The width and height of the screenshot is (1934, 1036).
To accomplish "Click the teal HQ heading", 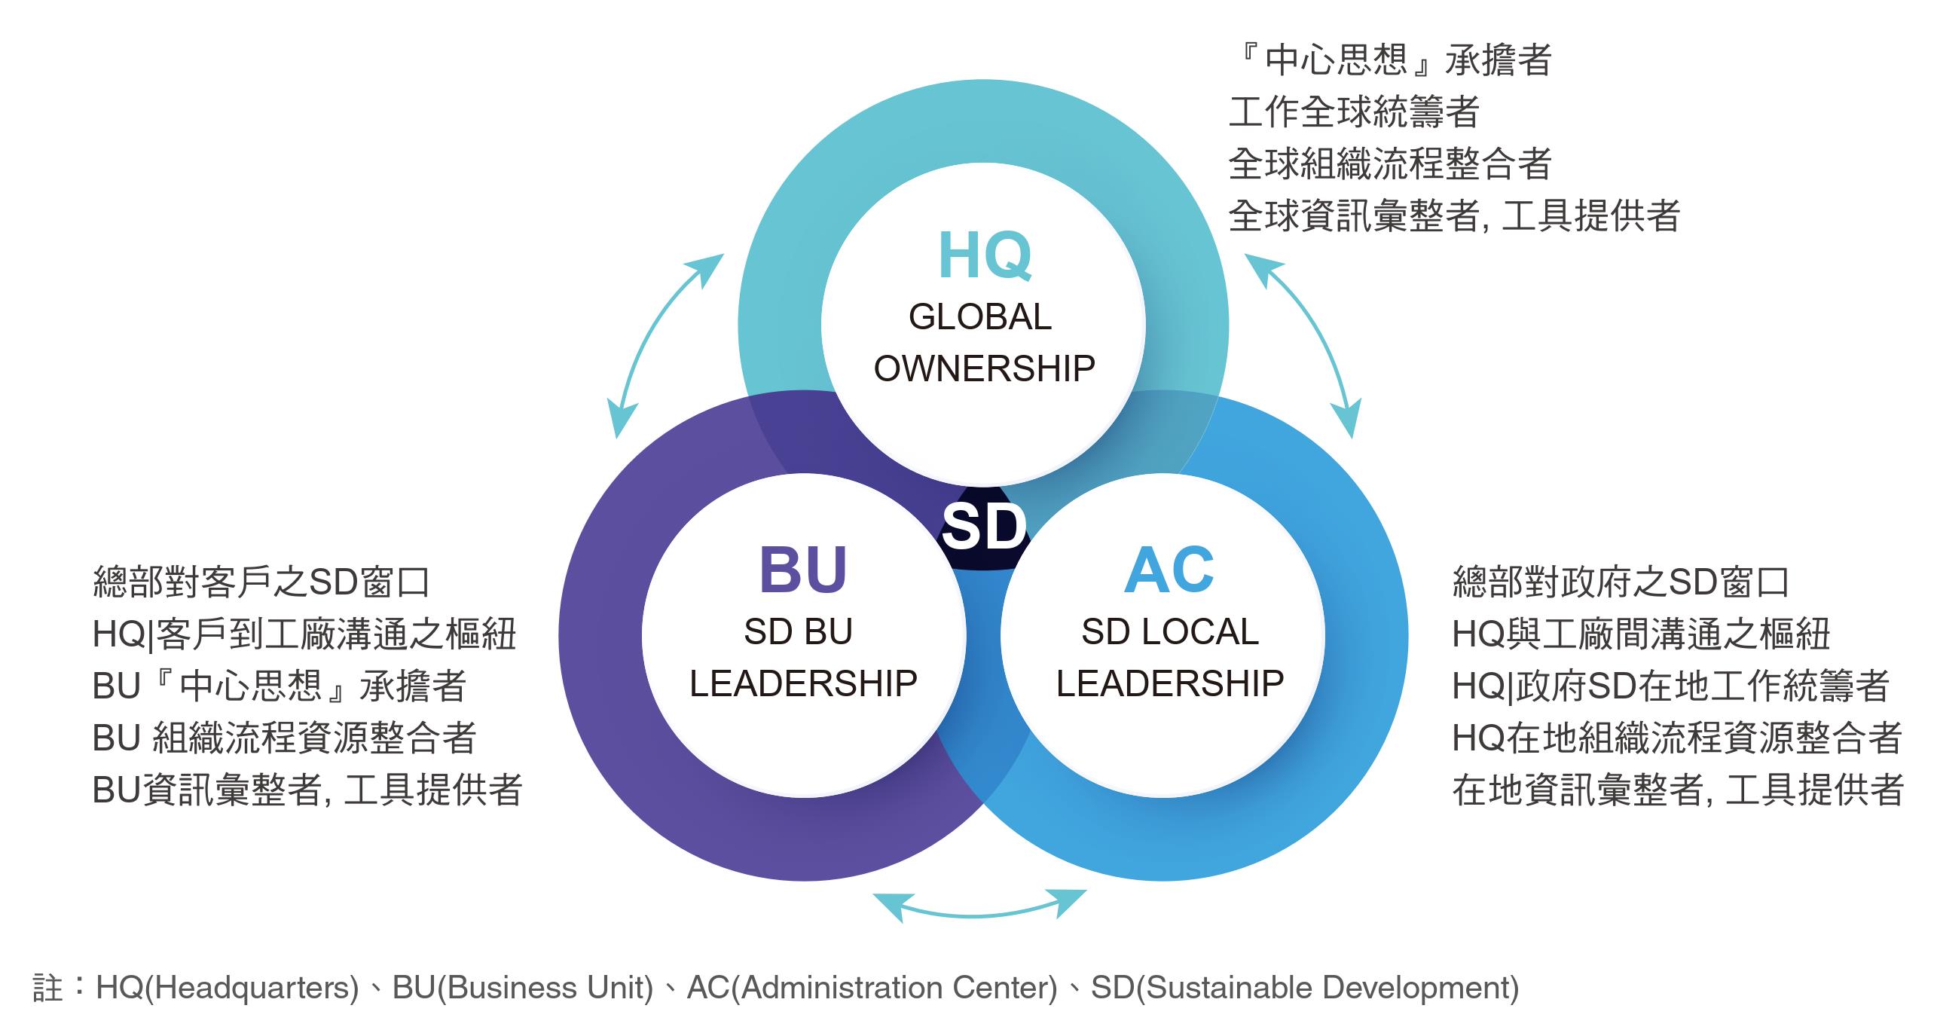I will point(984,257).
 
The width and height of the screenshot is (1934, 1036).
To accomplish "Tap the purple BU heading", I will point(803,570).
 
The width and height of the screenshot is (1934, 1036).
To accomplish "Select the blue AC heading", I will point(1169,570).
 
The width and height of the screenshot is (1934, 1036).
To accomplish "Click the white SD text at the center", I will point(984,527).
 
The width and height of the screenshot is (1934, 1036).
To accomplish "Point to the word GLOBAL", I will point(979,317).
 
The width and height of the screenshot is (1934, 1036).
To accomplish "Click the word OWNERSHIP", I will point(984,369).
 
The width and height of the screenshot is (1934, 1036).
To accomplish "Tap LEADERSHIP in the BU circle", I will point(803,684).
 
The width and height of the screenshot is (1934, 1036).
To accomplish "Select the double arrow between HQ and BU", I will point(665,344).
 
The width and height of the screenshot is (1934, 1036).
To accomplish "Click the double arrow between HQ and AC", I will point(1304,344).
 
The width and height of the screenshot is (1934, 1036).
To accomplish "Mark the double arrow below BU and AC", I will point(979,906).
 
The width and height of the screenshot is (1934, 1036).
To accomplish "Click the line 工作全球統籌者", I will point(1354,112).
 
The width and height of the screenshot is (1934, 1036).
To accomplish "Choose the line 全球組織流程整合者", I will point(1390,164).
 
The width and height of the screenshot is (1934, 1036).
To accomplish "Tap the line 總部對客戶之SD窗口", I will point(261,582).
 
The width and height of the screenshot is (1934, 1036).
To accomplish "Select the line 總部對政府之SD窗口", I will point(1621,582).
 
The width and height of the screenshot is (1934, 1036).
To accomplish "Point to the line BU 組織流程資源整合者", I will point(284,738).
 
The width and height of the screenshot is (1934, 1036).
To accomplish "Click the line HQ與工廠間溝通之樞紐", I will point(1641,634).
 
